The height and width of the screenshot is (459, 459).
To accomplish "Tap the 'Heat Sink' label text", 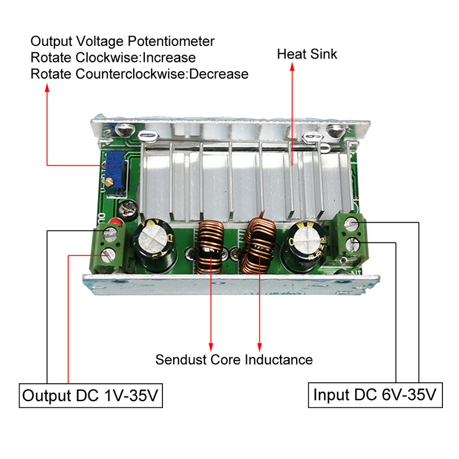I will click(x=307, y=55).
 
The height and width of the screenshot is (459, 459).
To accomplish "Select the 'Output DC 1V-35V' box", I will click(x=90, y=396).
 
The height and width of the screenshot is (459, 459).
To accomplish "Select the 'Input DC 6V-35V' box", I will click(x=375, y=395).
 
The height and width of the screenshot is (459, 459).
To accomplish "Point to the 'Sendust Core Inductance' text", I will click(x=234, y=360).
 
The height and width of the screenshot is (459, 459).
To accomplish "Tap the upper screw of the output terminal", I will click(x=108, y=234).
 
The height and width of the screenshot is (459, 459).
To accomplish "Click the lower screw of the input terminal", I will click(x=354, y=246).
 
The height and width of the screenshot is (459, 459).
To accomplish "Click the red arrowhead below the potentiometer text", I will click(x=47, y=88).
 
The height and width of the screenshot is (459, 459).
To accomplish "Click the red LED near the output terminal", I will click(x=117, y=223).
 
